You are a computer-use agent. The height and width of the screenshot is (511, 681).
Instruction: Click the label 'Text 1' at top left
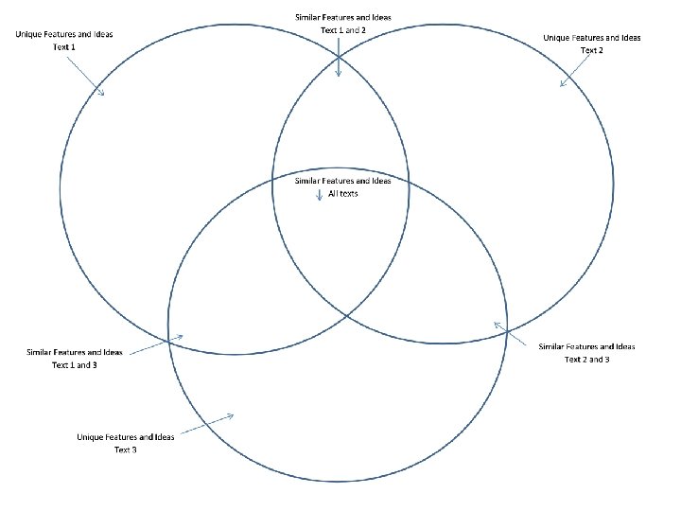click(x=64, y=46)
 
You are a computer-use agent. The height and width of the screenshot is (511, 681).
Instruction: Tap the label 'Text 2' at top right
click(x=592, y=50)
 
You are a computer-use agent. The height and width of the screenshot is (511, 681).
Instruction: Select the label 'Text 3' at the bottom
click(x=126, y=449)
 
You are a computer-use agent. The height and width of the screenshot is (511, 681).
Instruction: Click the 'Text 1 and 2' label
click(x=343, y=30)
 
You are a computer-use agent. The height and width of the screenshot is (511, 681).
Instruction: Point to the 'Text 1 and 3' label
click(x=75, y=365)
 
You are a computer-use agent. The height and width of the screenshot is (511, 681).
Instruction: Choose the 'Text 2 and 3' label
click(x=587, y=360)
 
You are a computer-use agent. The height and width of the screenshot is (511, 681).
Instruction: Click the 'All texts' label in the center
click(x=343, y=193)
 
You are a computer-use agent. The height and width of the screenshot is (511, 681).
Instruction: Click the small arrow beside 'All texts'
click(x=319, y=194)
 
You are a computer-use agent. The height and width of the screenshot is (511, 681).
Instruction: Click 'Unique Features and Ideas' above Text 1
click(x=64, y=34)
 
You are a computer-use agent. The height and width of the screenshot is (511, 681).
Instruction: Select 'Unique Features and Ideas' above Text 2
click(x=592, y=38)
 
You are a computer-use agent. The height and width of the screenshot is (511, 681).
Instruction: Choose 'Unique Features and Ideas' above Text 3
click(x=126, y=437)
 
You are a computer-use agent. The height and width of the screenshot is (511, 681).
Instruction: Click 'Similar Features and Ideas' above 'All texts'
click(x=343, y=180)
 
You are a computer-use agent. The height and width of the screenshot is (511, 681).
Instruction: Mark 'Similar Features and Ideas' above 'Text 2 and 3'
click(x=587, y=346)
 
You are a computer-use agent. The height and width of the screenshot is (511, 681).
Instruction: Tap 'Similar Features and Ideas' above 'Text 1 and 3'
click(x=75, y=352)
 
